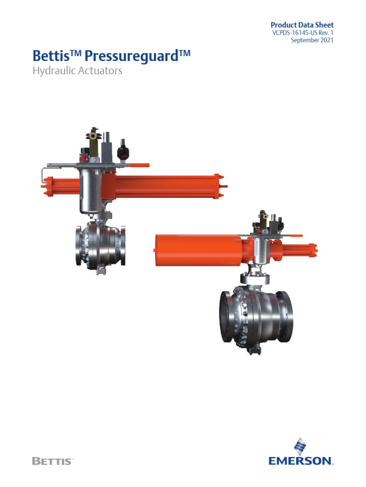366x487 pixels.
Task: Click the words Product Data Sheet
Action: point(302,25)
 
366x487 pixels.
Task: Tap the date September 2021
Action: point(312,40)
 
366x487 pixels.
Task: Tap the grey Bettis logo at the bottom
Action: point(52,461)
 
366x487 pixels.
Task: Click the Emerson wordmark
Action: point(300,460)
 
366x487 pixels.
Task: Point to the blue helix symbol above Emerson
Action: point(300,446)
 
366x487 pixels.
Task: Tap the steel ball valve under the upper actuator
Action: point(100,247)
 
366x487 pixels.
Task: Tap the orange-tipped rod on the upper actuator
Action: point(142,165)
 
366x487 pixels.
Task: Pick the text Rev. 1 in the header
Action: point(325,33)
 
